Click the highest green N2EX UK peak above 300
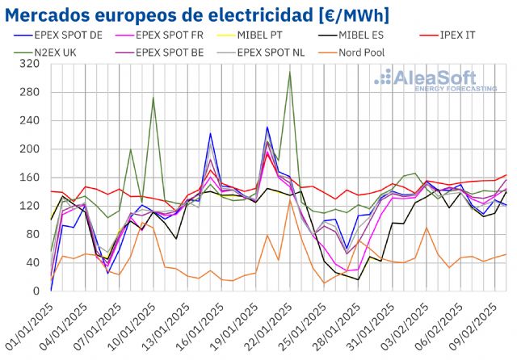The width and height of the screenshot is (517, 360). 290,72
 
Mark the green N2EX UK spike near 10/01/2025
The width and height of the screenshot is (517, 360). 153,98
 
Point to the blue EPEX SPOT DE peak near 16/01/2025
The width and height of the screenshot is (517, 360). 211,134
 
